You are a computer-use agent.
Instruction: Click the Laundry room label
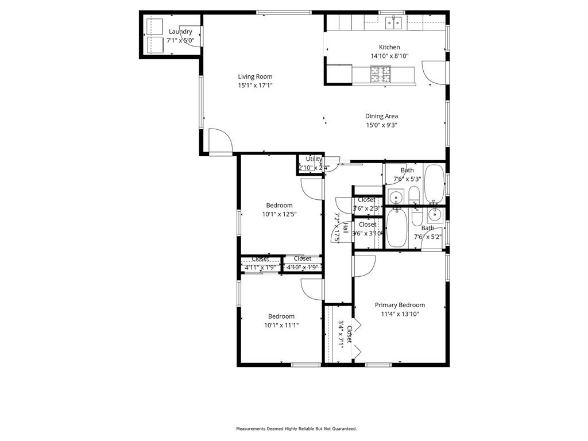point(180,32)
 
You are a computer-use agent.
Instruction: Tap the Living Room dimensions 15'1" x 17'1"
point(255,86)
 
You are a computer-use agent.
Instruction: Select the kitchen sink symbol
point(393,23)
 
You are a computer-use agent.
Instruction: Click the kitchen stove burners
point(380,74)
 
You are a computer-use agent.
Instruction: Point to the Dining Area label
point(381,116)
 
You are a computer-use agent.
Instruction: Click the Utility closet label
point(314,159)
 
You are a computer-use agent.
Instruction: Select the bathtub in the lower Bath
point(396,229)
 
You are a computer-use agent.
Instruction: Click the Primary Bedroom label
point(400,305)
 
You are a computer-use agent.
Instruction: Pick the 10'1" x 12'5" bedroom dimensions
point(279,214)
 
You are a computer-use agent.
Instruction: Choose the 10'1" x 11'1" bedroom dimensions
point(281,325)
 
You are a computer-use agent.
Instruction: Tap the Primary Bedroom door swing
point(363,266)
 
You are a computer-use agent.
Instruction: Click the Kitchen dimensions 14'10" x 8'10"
point(389,56)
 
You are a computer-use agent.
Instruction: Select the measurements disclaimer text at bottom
point(296,429)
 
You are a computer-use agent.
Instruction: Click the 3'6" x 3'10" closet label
point(367,229)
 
